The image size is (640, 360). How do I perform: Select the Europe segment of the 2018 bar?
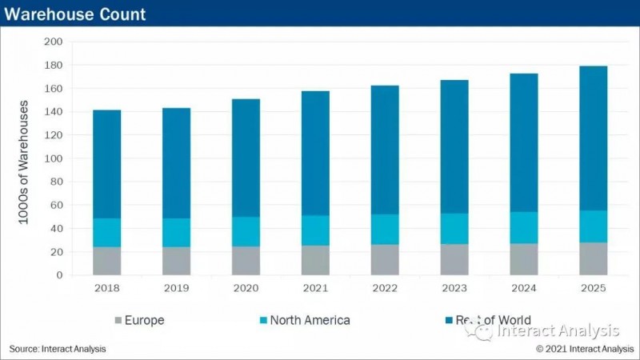(106, 261)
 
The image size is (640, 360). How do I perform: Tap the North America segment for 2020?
(246, 231)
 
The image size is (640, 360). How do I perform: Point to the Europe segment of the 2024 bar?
(523, 259)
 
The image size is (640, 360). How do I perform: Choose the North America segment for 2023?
(454, 229)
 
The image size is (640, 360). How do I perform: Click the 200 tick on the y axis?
(53, 42)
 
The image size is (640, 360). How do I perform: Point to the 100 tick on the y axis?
(53, 158)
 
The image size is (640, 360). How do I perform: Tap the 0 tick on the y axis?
(58, 275)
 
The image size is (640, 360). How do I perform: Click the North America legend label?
(310, 321)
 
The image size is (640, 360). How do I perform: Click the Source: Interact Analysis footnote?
(58, 349)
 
